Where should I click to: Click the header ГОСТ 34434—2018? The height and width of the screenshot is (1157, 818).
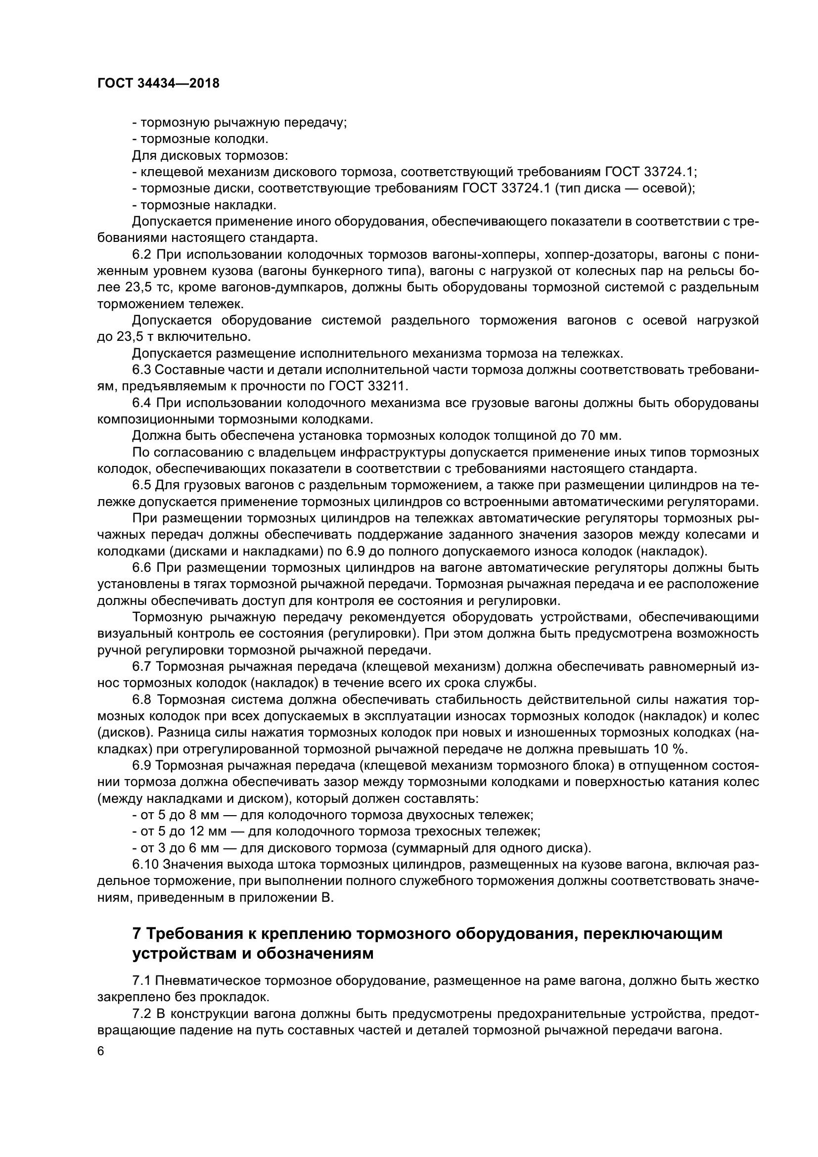point(158,84)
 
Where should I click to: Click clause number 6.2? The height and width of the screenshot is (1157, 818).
point(142,254)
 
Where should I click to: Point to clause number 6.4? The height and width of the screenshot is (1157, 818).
point(142,403)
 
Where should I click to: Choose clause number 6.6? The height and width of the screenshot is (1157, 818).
point(142,568)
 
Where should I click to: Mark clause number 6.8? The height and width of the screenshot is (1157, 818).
point(142,700)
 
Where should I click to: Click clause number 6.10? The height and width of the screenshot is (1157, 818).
point(145,865)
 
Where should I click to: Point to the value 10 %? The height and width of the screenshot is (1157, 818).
point(672,749)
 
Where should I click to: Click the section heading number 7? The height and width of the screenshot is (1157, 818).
point(136,934)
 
